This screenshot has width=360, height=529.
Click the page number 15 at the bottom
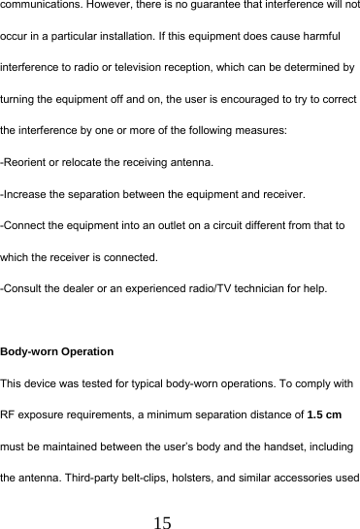click(162, 522)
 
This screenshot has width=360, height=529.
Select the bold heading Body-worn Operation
click(57, 351)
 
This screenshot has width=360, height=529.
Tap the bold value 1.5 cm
click(323, 414)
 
